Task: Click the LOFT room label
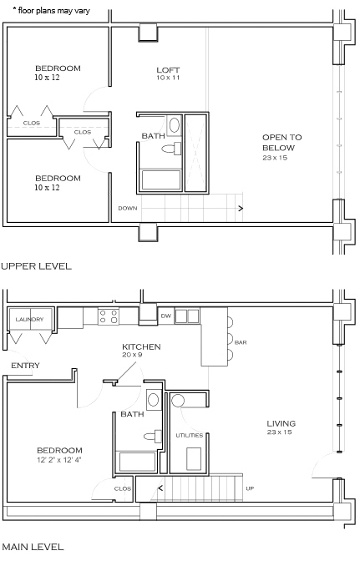coord(168,70)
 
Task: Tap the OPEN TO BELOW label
coord(282,143)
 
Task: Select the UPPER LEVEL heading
coord(37,266)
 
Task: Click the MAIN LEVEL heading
coord(33,547)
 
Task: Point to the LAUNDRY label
coord(29,319)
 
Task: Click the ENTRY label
coord(25,366)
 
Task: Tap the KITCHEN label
coord(141,346)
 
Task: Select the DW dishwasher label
coord(166,316)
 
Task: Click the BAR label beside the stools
coord(241,342)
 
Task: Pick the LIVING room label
coord(281,423)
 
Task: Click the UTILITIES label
coord(190,436)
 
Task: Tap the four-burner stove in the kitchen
coord(109,316)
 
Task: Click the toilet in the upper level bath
coord(171,149)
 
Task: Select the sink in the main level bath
coord(154,399)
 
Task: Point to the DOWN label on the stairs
coord(128,208)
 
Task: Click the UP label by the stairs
coord(250,488)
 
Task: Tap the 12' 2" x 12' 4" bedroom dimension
coord(59,460)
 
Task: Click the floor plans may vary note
coord(51,11)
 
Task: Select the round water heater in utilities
coord(178,401)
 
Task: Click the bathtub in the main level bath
coord(138,462)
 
